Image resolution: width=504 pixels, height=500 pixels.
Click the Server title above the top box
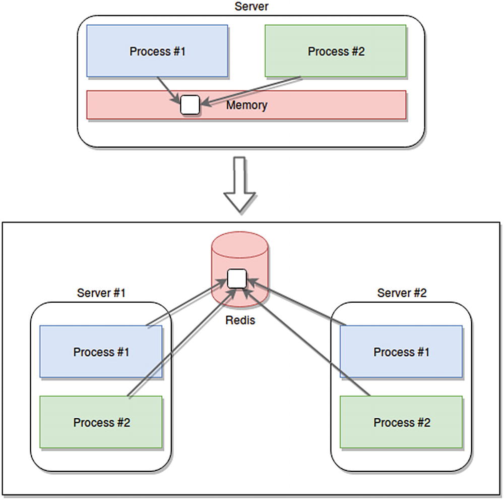pos(251,7)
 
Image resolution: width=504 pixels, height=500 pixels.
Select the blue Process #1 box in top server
pos(157,51)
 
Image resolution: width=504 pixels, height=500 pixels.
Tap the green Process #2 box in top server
pos(336,51)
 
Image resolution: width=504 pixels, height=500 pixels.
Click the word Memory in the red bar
pos(246,105)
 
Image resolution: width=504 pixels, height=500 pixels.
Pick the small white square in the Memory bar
pos(190,105)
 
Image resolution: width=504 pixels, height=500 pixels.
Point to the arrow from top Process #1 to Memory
pos(166,87)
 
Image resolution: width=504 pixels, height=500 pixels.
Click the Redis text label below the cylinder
pos(240,320)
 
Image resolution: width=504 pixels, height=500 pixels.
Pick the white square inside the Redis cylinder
pos(237,279)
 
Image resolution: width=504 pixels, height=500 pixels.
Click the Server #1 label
pos(101,293)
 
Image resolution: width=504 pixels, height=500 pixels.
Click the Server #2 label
pos(402,293)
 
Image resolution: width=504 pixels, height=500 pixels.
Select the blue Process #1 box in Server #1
pos(101,352)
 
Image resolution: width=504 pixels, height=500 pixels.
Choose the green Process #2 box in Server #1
pos(101,422)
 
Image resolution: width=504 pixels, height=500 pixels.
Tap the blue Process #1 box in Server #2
pos(401,352)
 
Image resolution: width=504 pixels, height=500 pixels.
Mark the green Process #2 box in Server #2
pos(401,422)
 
